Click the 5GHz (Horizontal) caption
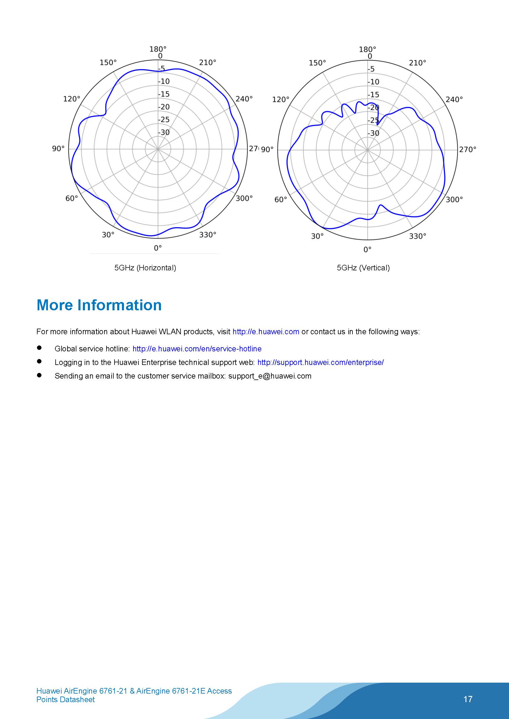(145, 268)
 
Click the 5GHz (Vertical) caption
(363, 268)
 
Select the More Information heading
(99, 305)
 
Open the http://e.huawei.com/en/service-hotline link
(197, 349)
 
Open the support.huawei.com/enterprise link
(320, 362)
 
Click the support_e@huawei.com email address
(270, 376)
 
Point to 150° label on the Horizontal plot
(108, 63)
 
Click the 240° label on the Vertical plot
(454, 100)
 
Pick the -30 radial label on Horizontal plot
(164, 132)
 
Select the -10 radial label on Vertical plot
(373, 82)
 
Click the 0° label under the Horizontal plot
(158, 248)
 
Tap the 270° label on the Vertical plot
(468, 150)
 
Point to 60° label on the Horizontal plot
(72, 199)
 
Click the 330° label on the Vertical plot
(418, 236)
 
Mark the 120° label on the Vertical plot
(281, 100)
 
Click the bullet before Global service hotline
(39, 348)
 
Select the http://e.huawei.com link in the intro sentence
(266, 332)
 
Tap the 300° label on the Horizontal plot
(244, 199)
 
